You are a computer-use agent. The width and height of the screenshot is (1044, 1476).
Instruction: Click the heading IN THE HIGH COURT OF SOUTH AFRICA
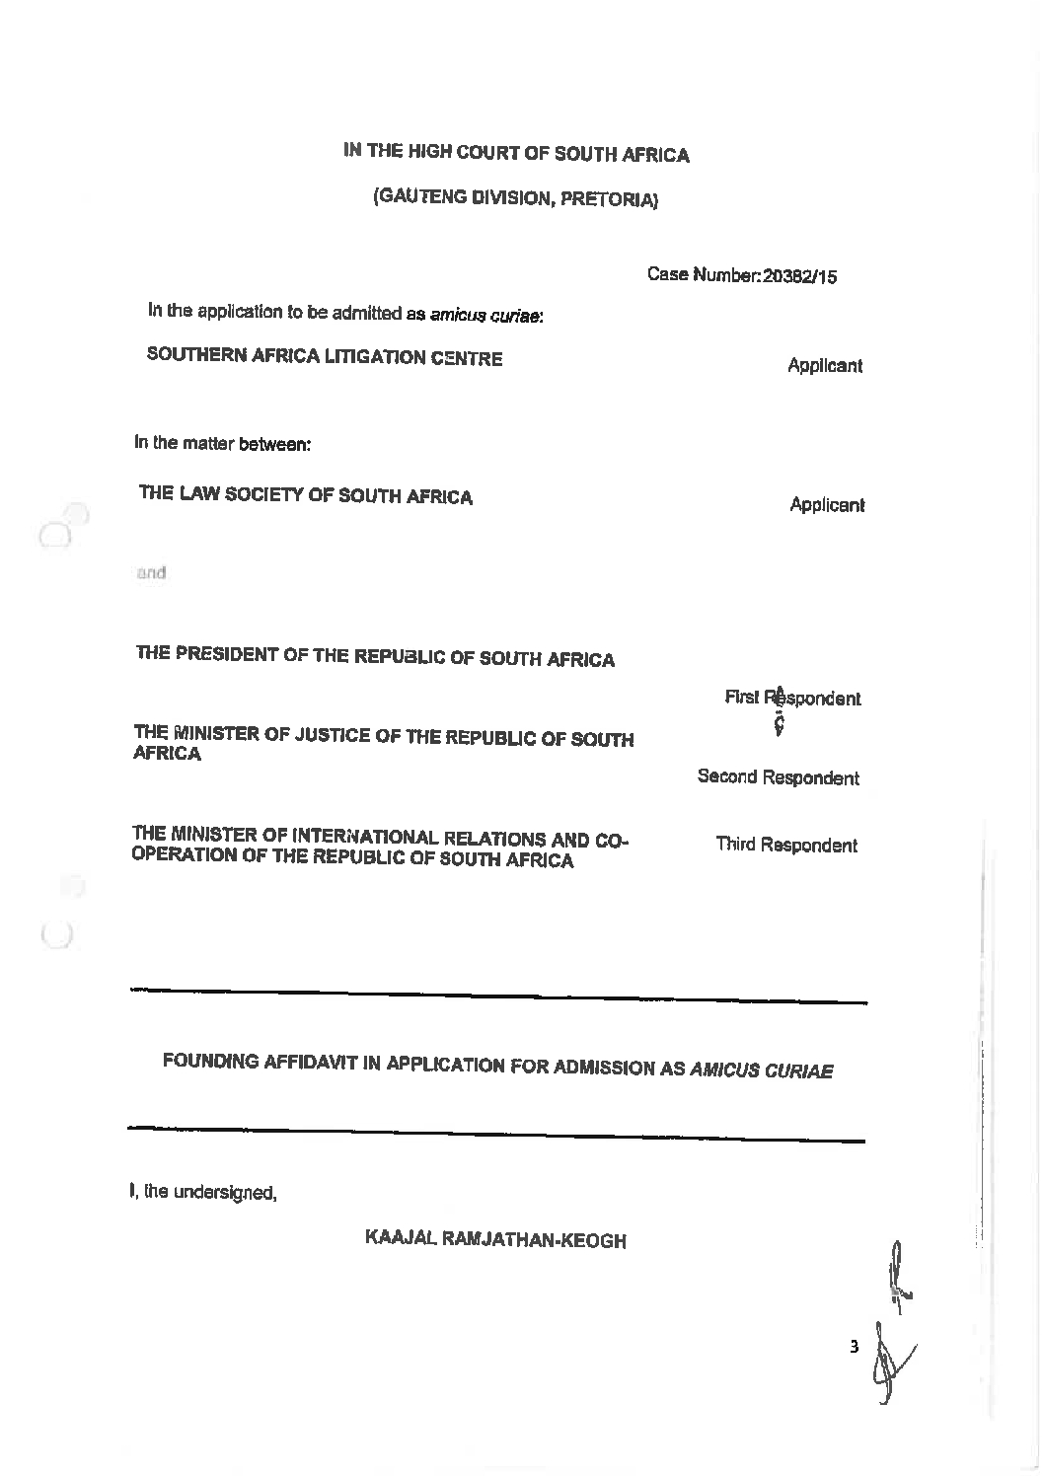pos(516,153)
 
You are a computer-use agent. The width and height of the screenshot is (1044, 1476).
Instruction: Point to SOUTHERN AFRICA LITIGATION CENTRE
pos(325,357)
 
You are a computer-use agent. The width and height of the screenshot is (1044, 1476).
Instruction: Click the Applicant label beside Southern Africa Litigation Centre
pos(824,366)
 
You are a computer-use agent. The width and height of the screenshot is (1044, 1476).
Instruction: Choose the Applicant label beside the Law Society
pos(826,505)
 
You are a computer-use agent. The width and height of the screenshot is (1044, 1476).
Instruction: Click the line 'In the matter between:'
pos(223,444)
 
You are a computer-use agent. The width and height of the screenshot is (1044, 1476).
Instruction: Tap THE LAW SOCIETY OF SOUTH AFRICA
pos(306,496)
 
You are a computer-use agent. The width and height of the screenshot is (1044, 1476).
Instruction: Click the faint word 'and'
pos(151,572)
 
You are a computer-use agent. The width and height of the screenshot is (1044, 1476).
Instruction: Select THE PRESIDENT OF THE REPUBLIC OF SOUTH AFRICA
pos(375,657)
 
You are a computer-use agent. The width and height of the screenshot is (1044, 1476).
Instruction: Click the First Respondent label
pos(792,699)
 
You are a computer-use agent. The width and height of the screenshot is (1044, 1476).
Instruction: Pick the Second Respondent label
pos(778,777)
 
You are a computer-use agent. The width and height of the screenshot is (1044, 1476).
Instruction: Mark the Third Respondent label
pos(785,845)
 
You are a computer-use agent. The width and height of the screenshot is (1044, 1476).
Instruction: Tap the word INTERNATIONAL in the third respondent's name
pos(379,839)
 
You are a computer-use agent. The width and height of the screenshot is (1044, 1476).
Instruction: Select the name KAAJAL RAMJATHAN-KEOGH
pos(495,1239)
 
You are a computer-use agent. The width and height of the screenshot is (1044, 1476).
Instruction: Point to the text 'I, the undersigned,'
pos(202,1192)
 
